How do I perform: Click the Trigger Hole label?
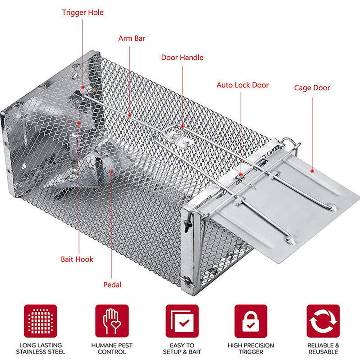(82, 13)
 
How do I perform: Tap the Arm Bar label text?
(132, 38)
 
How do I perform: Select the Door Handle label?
(182, 58)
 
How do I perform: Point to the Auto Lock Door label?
(243, 85)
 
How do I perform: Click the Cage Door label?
(312, 88)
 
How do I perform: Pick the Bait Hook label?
(77, 259)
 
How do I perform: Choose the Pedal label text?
(112, 285)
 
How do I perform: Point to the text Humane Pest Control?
(112, 348)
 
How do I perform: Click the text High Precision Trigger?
(251, 348)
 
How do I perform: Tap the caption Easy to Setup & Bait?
(182, 348)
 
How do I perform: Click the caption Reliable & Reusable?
(323, 348)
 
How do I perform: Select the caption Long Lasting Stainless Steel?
(40, 348)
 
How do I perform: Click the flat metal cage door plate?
(288, 209)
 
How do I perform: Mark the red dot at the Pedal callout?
(112, 172)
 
